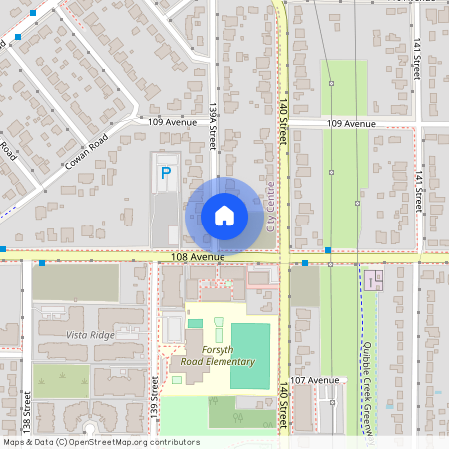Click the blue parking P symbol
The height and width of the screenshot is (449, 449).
click(x=166, y=173)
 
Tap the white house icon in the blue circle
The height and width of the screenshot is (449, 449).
click(x=224, y=215)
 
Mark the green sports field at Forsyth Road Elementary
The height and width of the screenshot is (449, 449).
click(x=250, y=356)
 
